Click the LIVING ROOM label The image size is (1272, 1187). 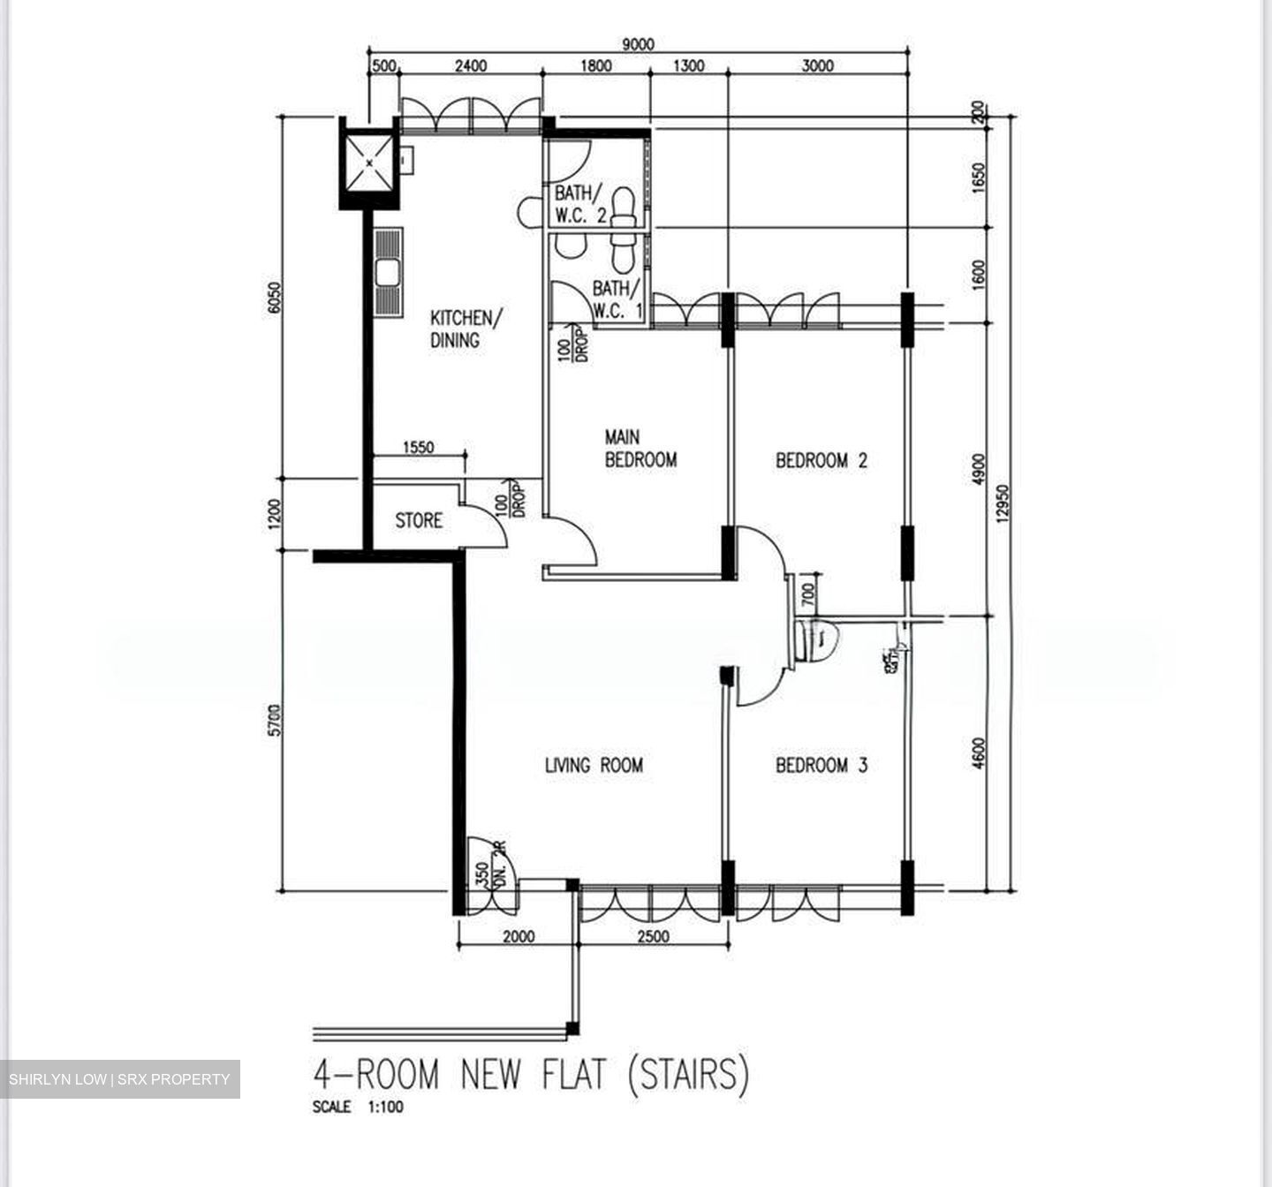click(594, 765)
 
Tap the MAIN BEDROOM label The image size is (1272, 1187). click(640, 449)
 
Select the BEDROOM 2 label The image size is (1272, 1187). click(821, 460)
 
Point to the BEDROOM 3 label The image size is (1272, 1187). click(821, 765)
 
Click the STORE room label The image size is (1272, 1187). click(419, 521)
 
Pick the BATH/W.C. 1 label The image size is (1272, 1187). click(617, 299)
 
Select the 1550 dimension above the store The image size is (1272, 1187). click(418, 448)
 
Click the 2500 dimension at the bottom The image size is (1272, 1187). click(653, 937)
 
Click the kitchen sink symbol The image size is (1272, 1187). click(387, 272)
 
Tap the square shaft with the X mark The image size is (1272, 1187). click(368, 163)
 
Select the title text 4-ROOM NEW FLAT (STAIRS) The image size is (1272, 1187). click(531, 1075)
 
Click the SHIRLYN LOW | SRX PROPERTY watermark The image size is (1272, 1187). click(119, 1079)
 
